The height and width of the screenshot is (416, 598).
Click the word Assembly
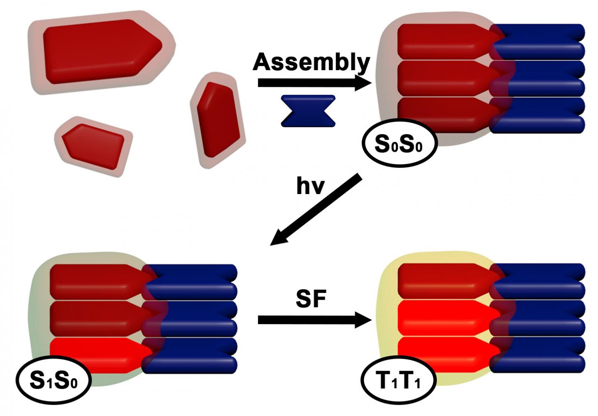point(311,62)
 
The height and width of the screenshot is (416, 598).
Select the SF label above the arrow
point(311,299)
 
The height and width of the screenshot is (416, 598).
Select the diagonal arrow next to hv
point(316,211)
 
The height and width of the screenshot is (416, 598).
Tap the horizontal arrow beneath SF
point(314,320)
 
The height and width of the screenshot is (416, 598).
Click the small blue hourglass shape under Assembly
point(308,111)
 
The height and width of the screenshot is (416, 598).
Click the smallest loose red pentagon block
point(93,146)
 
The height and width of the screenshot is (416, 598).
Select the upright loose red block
point(217,119)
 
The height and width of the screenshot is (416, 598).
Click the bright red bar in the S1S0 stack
point(98,355)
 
